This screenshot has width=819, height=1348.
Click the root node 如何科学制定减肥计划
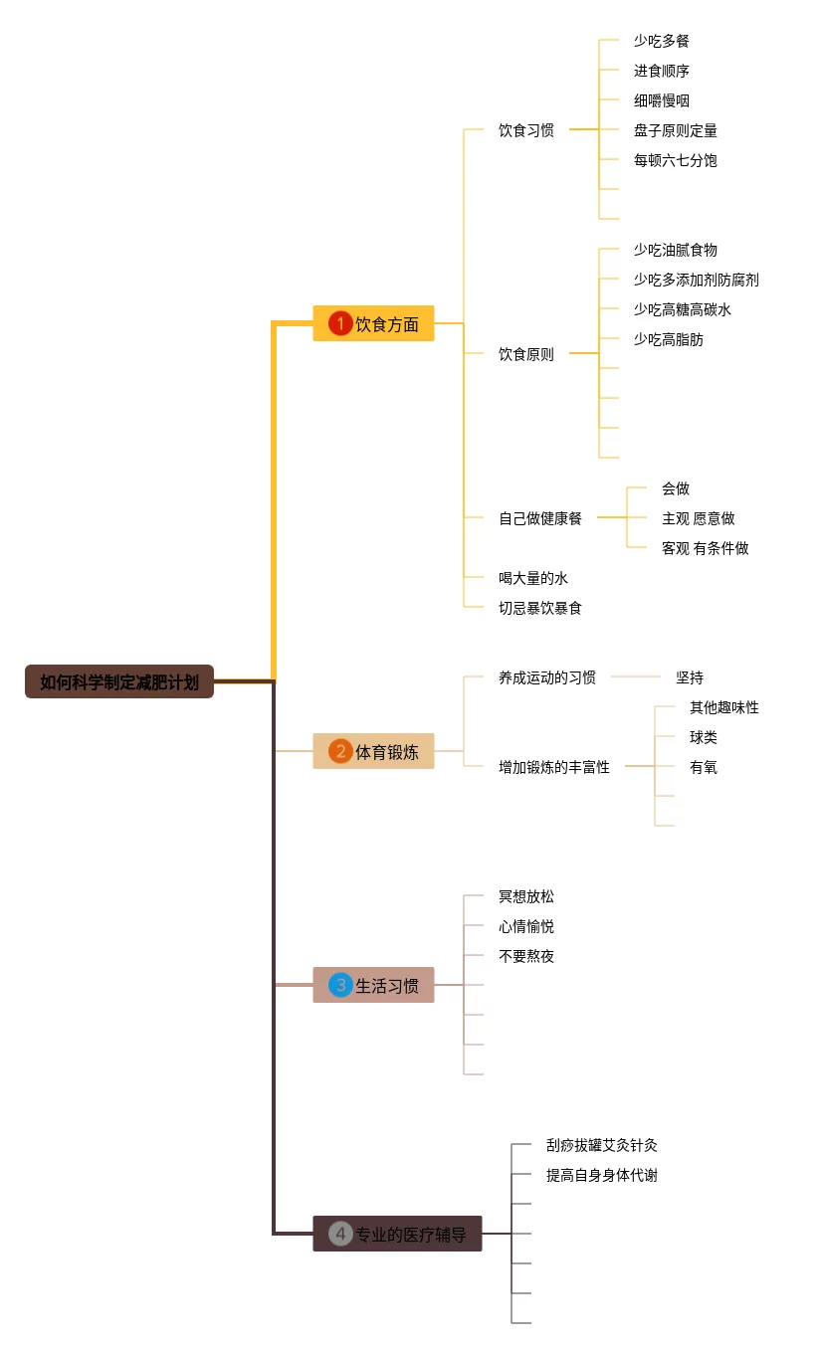coord(119,681)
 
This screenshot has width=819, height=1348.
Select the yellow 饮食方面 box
coord(373,323)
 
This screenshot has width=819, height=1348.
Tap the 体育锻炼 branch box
coord(373,751)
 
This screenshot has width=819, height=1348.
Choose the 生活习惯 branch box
coord(373,985)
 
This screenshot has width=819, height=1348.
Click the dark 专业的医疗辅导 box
coord(397,1233)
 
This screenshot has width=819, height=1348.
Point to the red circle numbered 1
coord(340,323)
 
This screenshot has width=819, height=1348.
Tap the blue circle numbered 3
coord(340,985)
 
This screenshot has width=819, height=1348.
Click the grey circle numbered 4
coord(340,1234)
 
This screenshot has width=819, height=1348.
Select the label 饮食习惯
coord(526,130)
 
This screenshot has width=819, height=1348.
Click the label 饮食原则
coord(526,354)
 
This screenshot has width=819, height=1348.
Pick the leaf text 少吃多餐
coord(662,41)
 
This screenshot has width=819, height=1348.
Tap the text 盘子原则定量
coord(675,130)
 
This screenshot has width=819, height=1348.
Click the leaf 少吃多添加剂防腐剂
coord(697,280)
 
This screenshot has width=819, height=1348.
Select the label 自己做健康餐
coord(539,518)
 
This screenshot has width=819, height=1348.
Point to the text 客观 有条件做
coord(705,548)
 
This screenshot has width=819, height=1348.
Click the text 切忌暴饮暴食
coord(539,608)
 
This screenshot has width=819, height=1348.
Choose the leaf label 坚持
coord(690,677)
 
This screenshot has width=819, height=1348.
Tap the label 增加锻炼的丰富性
coord(553,767)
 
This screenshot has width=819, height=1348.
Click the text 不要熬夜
coord(526,956)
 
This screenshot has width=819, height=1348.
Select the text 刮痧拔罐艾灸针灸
coord(602,1145)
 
